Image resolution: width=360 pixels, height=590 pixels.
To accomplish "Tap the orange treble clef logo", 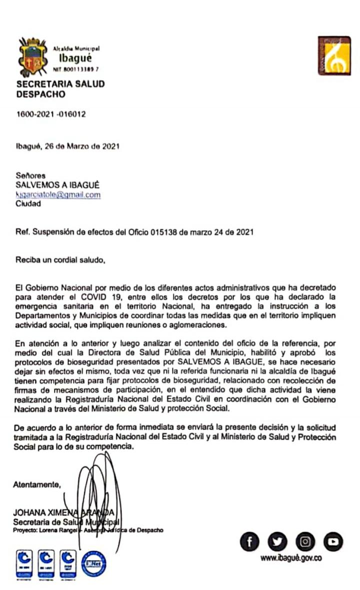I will (334, 56).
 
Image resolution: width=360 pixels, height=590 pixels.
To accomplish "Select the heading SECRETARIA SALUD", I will (60, 84).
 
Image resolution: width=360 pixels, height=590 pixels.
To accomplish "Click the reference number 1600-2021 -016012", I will (51, 114).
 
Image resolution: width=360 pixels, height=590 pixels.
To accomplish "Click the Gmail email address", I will (58, 195).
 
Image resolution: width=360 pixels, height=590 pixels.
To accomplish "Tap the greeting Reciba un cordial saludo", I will (61, 260).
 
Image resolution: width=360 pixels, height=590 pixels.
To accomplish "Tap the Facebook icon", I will (250, 541).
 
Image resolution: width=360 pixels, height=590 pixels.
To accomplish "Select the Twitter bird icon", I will (277, 541).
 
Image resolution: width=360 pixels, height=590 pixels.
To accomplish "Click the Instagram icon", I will (305, 541).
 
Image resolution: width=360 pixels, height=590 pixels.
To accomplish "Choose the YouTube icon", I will (332, 541).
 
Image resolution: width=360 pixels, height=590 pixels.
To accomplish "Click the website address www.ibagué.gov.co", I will (290, 558).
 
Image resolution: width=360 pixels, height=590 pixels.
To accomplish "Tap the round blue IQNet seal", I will (93, 563).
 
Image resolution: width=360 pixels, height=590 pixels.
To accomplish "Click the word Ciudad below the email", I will (28, 204).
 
